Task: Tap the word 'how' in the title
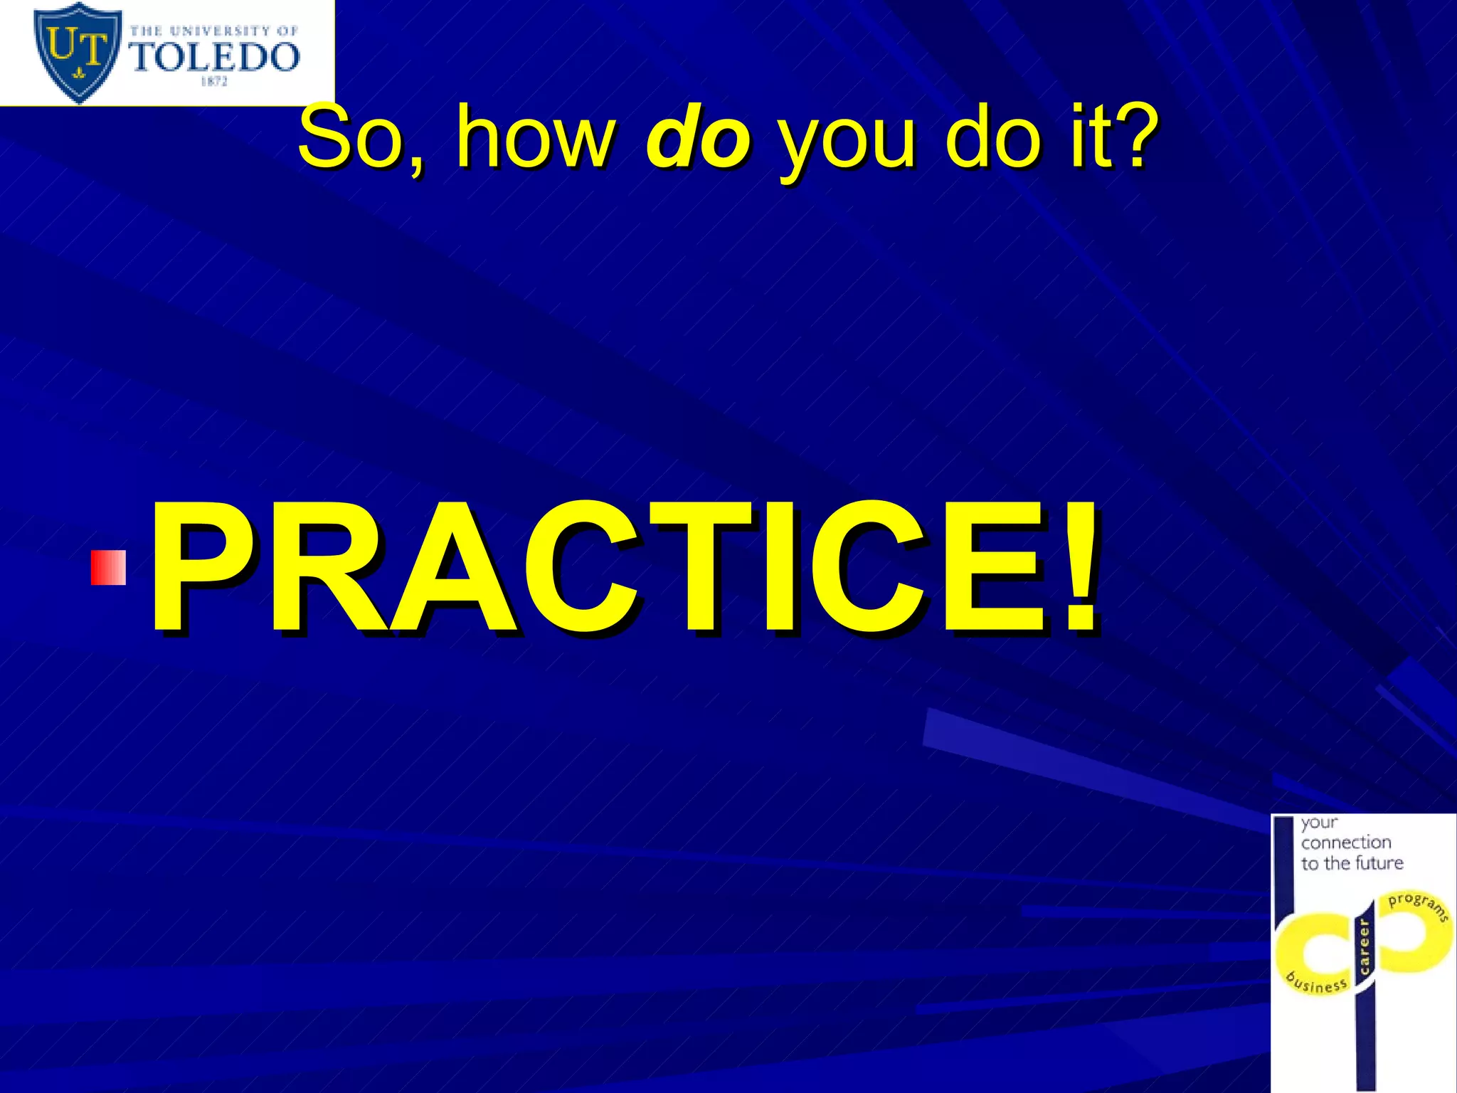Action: tap(534, 137)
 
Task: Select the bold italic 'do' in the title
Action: tap(697, 137)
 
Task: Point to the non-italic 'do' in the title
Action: tap(993, 137)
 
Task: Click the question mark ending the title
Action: tap(1131, 135)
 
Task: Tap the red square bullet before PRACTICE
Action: tap(108, 567)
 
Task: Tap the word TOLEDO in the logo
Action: tap(214, 57)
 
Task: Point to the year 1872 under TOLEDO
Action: tap(213, 82)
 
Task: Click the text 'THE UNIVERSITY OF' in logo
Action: tap(213, 31)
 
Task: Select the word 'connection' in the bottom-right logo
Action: tap(1346, 843)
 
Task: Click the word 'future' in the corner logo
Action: tap(1379, 863)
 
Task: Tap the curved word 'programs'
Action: tap(1418, 906)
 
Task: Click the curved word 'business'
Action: tap(1317, 983)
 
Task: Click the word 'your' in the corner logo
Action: tap(1320, 823)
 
